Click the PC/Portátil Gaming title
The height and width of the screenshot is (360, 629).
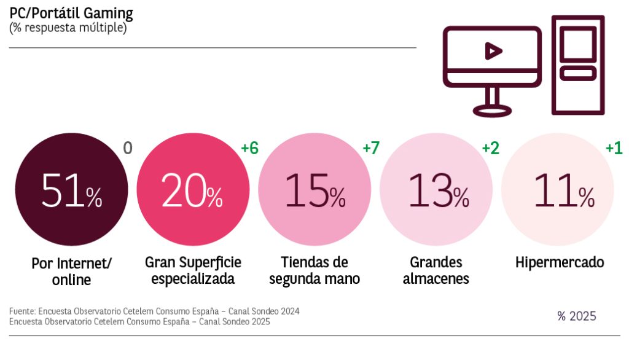pos(71,14)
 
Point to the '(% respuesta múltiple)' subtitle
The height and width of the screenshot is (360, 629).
pos(68,28)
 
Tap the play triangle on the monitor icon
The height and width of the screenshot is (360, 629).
pos(493,51)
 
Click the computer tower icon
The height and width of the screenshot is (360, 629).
pos(577,65)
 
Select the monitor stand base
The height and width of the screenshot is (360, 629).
pos(492,110)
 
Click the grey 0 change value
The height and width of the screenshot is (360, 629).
pos(128,149)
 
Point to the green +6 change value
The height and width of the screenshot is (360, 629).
pos(249,149)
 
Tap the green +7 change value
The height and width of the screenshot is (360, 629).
pos(371,149)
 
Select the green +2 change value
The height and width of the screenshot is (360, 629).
pos(490,149)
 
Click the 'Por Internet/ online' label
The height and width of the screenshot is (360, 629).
pos(71,272)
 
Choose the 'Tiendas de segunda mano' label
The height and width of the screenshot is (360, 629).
pos(314,271)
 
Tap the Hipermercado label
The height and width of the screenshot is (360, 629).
pos(559,263)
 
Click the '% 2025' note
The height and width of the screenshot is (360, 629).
pos(576,316)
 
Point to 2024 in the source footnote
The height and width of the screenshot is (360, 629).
pos(288,311)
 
